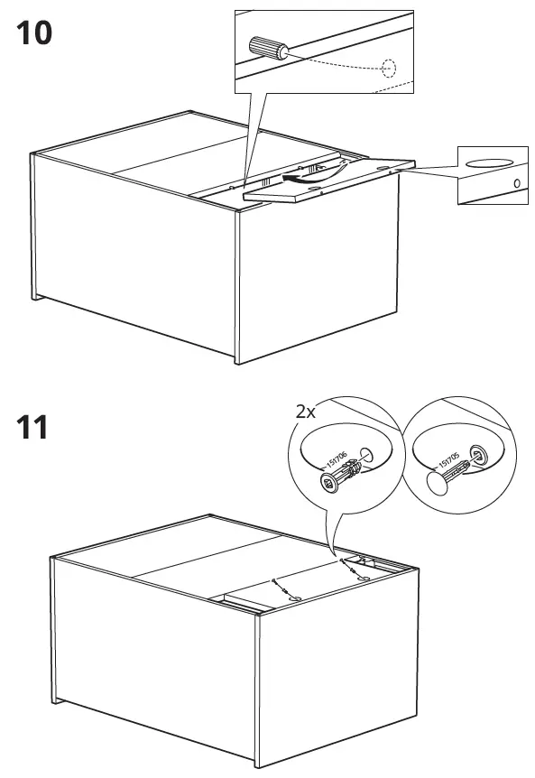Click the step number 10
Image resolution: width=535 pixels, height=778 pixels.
tap(34, 33)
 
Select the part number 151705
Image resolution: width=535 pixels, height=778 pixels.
tap(447, 461)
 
